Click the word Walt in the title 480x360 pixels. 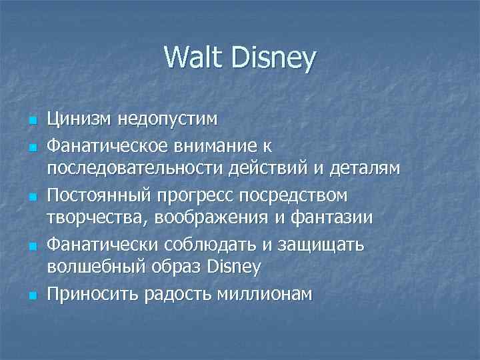(191, 58)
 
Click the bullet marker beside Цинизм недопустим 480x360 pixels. (31, 121)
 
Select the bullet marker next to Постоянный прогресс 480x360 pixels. (31, 195)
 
